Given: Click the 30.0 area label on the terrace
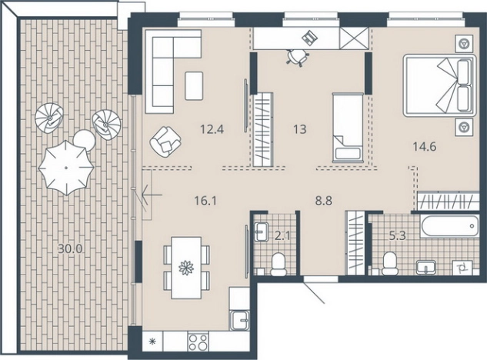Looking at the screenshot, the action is pos(71,248).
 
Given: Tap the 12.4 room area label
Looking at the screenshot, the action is pos(212,129).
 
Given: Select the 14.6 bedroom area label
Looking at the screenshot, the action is pos(424,146).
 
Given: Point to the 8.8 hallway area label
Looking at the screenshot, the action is pos(324,201).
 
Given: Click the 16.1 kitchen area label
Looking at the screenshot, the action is pos(205,201).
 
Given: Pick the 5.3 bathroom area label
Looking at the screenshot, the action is pos(398,236).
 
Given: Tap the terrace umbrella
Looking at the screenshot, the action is pos(66,168).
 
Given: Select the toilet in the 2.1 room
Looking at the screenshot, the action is pos(278,264).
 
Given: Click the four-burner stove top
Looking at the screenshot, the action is pos(198,342).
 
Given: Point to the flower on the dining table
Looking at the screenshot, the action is pos(186,268).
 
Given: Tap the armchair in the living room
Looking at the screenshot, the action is pos(165,142).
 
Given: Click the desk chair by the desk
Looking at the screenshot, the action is pos(297,57).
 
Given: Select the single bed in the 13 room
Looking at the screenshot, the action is pos(348,128).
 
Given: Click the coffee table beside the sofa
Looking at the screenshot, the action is pos(194,85).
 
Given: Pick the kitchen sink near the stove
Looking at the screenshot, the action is pos(239,321).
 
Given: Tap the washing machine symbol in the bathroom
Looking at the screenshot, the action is pos(462,267).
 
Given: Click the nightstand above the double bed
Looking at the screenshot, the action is pos(464,43).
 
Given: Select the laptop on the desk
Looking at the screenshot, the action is pos(309,37).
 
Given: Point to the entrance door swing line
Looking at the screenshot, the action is pos(314,292).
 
